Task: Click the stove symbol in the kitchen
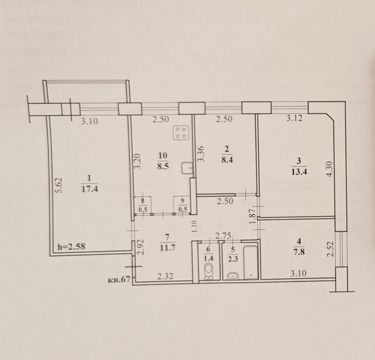click(182, 133)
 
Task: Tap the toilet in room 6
click(208, 270)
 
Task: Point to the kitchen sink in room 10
click(188, 168)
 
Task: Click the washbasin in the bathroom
click(233, 276)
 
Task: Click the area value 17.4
click(90, 189)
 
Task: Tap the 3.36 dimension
click(200, 153)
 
